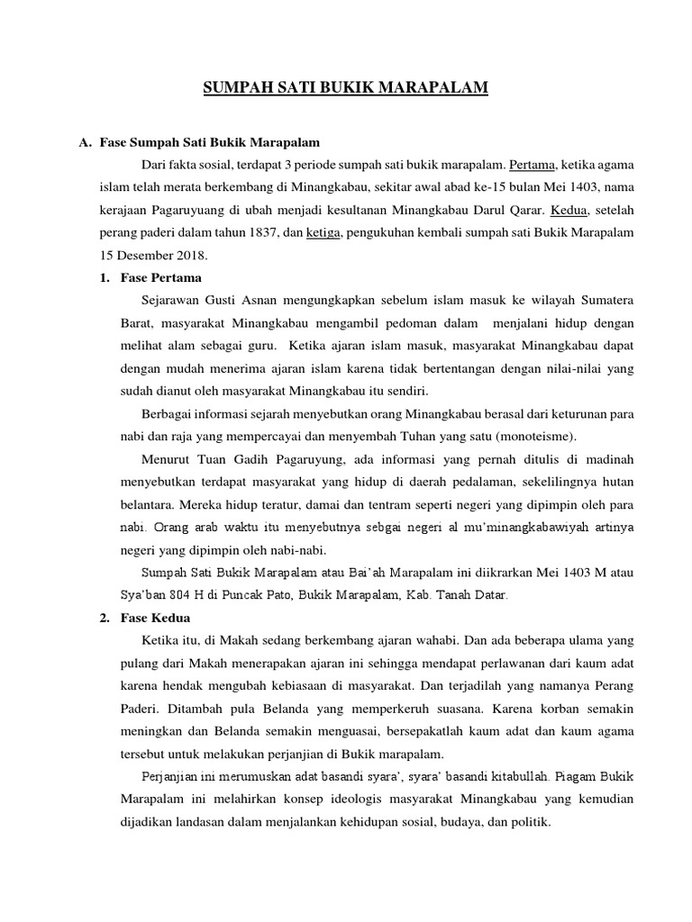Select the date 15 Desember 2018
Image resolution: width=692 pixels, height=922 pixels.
click(153, 255)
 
